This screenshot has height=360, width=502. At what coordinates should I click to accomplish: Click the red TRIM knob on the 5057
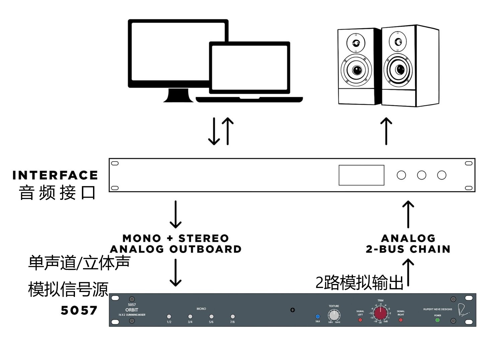click(380, 313)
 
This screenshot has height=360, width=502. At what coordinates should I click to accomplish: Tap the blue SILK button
click(318, 316)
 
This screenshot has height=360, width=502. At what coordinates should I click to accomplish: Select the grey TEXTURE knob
click(334, 315)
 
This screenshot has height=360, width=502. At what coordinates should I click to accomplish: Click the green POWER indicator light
click(437, 320)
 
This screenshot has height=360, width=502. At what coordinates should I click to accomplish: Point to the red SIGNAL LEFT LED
click(360, 320)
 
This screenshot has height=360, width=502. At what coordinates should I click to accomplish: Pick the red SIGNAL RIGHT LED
click(401, 320)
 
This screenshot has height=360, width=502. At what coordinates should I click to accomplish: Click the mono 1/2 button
click(169, 316)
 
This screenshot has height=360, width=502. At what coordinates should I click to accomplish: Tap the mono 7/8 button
click(233, 316)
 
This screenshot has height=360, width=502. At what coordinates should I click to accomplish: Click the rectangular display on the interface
click(361, 175)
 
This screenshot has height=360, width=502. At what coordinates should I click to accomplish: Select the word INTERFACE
click(55, 175)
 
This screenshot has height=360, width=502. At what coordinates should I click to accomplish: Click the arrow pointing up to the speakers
click(386, 131)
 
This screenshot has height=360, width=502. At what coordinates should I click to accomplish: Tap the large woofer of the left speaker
click(356, 70)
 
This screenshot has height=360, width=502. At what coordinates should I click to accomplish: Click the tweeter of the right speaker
click(398, 42)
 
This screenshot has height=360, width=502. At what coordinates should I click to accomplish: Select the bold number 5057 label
click(79, 310)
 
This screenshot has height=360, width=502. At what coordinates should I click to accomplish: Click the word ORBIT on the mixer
click(132, 310)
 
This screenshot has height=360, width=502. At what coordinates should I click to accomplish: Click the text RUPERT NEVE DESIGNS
click(437, 309)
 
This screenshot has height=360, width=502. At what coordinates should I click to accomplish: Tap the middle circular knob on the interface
click(422, 175)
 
